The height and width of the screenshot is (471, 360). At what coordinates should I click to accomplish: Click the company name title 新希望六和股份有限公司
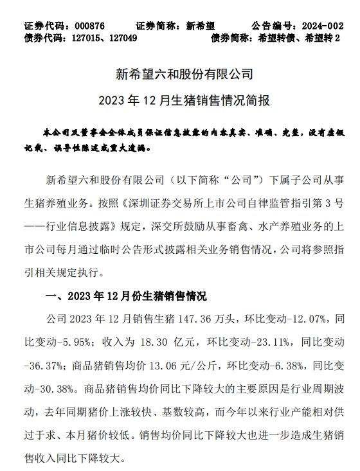[x=179, y=75]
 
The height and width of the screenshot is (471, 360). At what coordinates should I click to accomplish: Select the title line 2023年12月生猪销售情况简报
[x=179, y=101]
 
